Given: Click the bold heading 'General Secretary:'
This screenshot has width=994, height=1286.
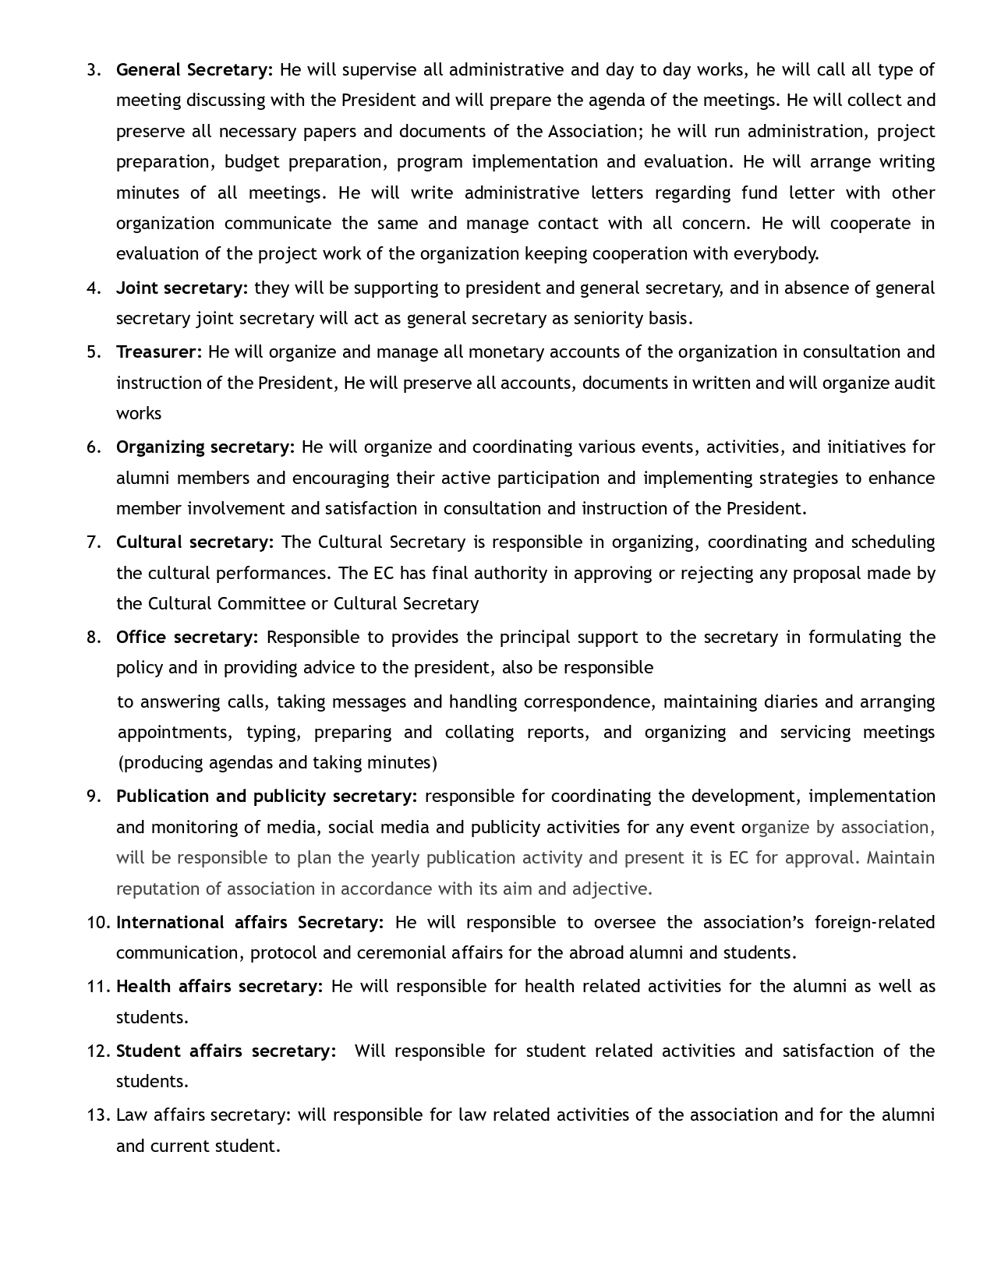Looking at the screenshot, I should [194, 70].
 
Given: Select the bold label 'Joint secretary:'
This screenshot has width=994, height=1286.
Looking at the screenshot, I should [182, 288].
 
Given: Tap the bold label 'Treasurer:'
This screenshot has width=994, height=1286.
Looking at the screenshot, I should [159, 352].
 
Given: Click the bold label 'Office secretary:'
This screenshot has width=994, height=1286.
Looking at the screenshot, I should [187, 638].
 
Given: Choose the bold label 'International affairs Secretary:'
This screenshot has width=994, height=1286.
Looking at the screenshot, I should [249, 923].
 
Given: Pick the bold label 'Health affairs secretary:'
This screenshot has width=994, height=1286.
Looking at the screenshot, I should [219, 987].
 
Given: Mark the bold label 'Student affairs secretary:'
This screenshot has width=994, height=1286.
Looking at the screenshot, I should [226, 1051].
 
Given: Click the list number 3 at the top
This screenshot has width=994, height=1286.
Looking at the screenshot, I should [94, 70].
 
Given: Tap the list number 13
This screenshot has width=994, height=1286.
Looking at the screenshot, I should [98, 1115].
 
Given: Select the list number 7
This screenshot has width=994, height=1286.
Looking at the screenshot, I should [94, 542].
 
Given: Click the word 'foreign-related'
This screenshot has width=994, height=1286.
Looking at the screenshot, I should [875, 923].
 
